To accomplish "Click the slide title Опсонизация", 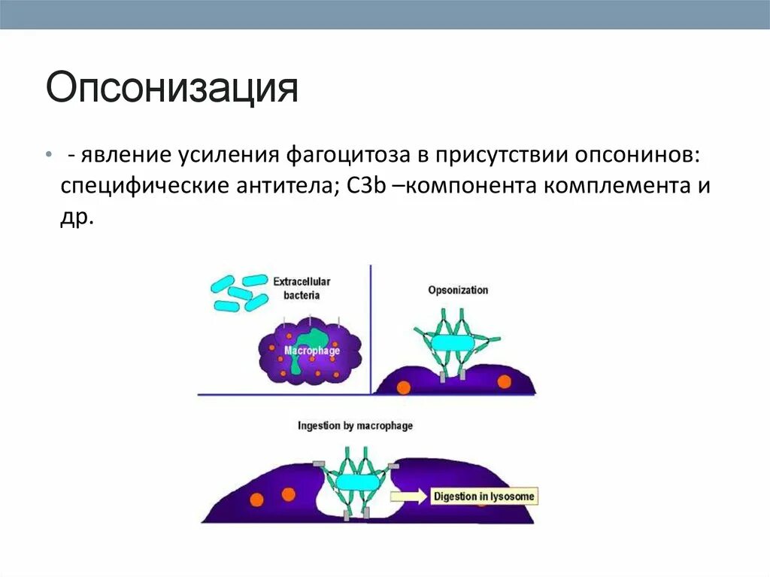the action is pyautogui.click(x=172, y=89).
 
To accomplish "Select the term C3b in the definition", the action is pyautogui.click(x=366, y=185).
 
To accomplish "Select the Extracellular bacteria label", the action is pyautogui.click(x=302, y=288).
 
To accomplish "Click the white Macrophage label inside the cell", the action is pyautogui.click(x=312, y=351).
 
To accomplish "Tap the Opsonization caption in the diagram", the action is pyautogui.click(x=458, y=290).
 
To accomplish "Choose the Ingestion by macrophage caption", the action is pyautogui.click(x=355, y=426).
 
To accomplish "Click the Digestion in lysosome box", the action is pyautogui.click(x=484, y=497).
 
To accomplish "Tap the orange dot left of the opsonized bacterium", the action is pyautogui.click(x=404, y=387).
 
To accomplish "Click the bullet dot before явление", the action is pyautogui.click(x=48, y=154).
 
